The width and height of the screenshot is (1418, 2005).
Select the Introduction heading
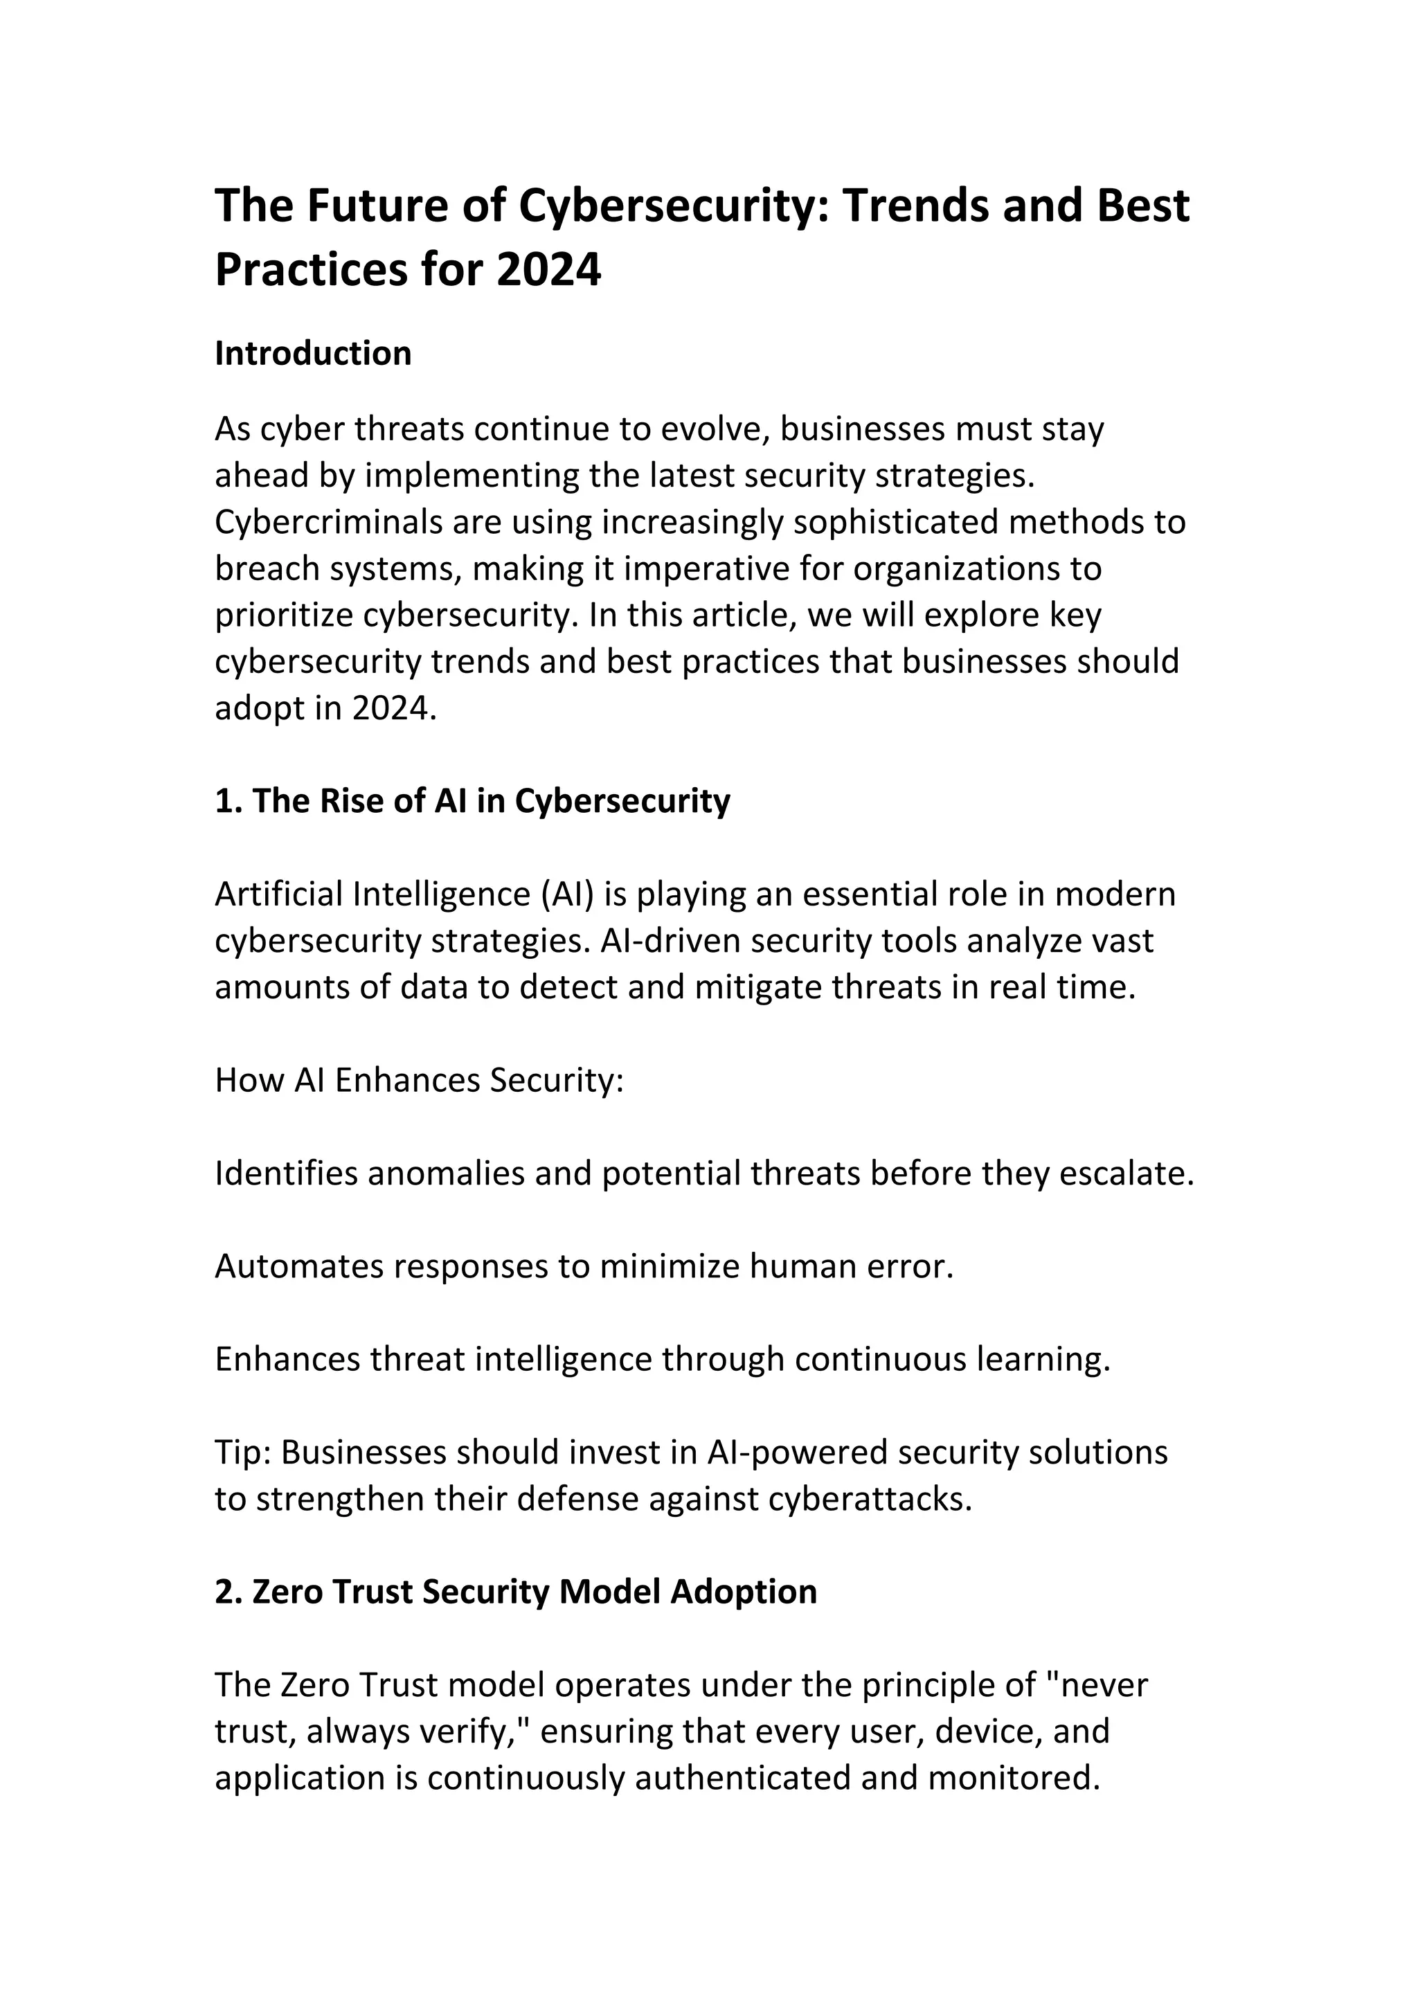tap(312, 354)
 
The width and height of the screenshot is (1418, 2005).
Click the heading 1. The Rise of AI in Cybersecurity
tap(472, 801)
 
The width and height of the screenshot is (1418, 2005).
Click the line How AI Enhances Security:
tap(419, 1080)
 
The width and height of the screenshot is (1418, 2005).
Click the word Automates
tap(298, 1266)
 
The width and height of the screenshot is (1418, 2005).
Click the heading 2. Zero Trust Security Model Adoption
tap(515, 1592)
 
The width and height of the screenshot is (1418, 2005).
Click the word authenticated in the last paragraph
tap(742, 1778)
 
